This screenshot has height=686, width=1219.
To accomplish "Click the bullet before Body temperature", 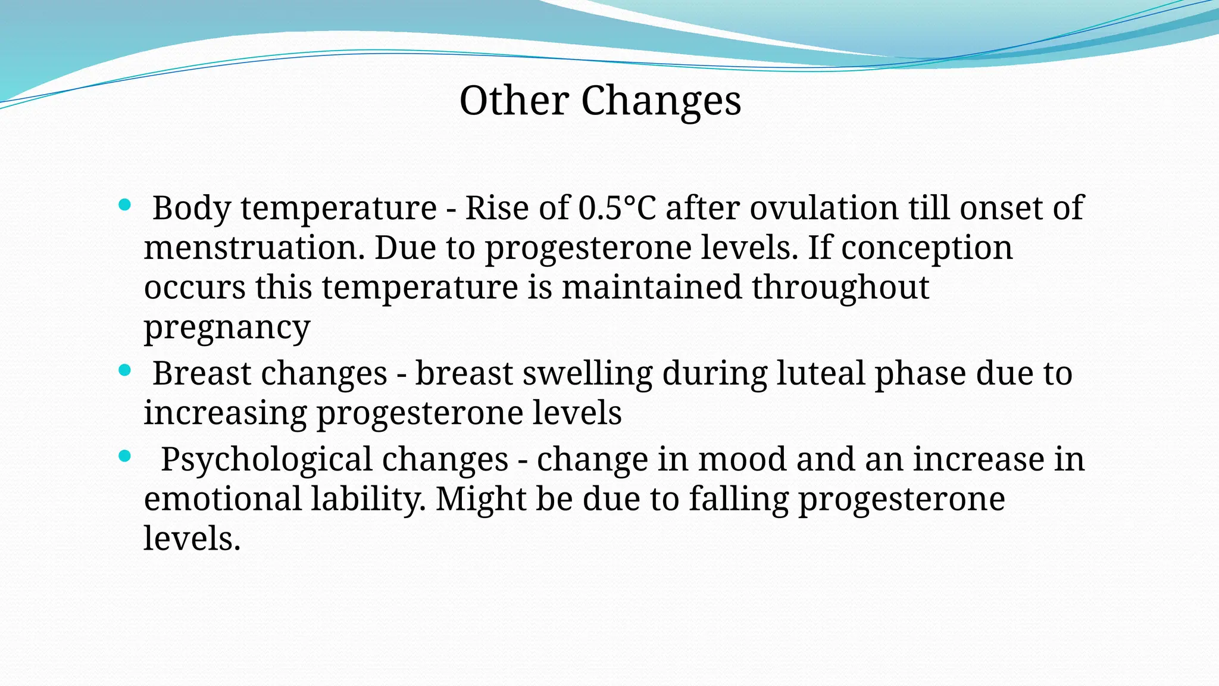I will (x=124, y=205).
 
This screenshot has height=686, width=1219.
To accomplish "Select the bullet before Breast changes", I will (x=124, y=370).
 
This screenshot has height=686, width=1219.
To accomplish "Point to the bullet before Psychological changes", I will (x=124, y=457).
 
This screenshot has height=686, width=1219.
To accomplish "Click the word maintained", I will (x=652, y=287).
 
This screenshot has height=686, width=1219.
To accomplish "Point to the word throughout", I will (x=840, y=287).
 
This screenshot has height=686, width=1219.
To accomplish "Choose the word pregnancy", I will (x=227, y=327).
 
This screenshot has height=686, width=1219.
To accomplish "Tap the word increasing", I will (x=225, y=413).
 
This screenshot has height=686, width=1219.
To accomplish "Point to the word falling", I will (x=739, y=499).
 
